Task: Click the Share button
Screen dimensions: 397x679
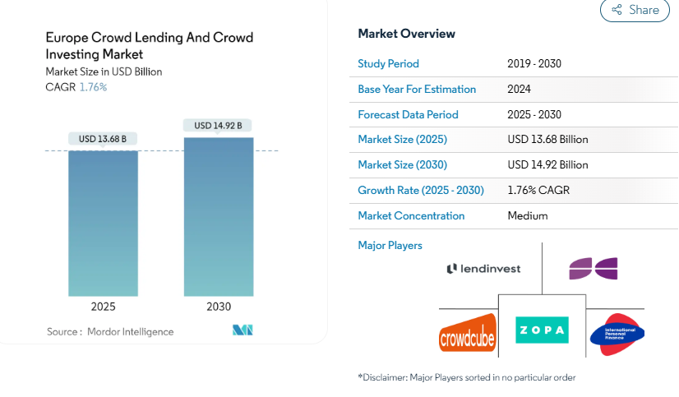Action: [x=635, y=10]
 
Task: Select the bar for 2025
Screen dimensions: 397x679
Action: [x=103, y=223]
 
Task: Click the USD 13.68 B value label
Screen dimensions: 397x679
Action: [x=103, y=139]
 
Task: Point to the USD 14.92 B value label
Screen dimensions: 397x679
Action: [x=218, y=126]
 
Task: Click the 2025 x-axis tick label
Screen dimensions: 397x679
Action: [x=103, y=307]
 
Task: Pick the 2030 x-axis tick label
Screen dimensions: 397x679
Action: [x=219, y=307]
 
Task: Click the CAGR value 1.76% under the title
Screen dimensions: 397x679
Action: [x=93, y=87]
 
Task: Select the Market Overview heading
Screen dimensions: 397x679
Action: [x=406, y=34]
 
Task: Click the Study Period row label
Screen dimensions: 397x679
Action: [x=388, y=63]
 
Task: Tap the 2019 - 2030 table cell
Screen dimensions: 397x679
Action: [x=534, y=63]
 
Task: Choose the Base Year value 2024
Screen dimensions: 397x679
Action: [x=520, y=89]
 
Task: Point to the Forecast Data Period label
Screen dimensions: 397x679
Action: [x=408, y=114]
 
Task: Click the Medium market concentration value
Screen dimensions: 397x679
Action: [x=528, y=215]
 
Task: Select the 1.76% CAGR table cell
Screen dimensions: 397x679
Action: [x=538, y=190]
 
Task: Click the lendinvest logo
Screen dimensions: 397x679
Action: [x=483, y=269]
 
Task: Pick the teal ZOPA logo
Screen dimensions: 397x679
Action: [x=542, y=330]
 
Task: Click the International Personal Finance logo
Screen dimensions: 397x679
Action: [x=617, y=334]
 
